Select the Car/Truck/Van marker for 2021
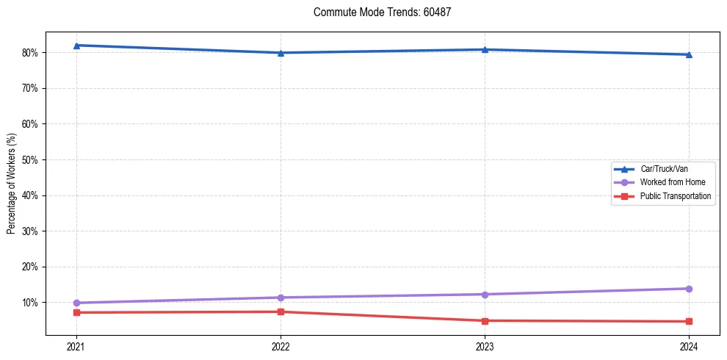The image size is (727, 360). [76, 46]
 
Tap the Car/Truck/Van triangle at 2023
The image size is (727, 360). [485, 50]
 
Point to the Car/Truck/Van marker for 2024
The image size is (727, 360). [689, 54]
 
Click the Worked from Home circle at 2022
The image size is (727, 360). [281, 298]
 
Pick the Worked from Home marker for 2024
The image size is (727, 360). [689, 289]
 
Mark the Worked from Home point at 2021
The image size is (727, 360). [76, 303]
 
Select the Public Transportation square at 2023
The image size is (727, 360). [485, 320]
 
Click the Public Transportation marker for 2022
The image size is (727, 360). [281, 312]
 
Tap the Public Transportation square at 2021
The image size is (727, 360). [76, 312]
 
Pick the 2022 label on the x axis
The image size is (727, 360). [281, 346]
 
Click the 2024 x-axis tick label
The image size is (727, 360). [689, 346]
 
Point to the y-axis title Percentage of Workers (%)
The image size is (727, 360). [11, 184]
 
